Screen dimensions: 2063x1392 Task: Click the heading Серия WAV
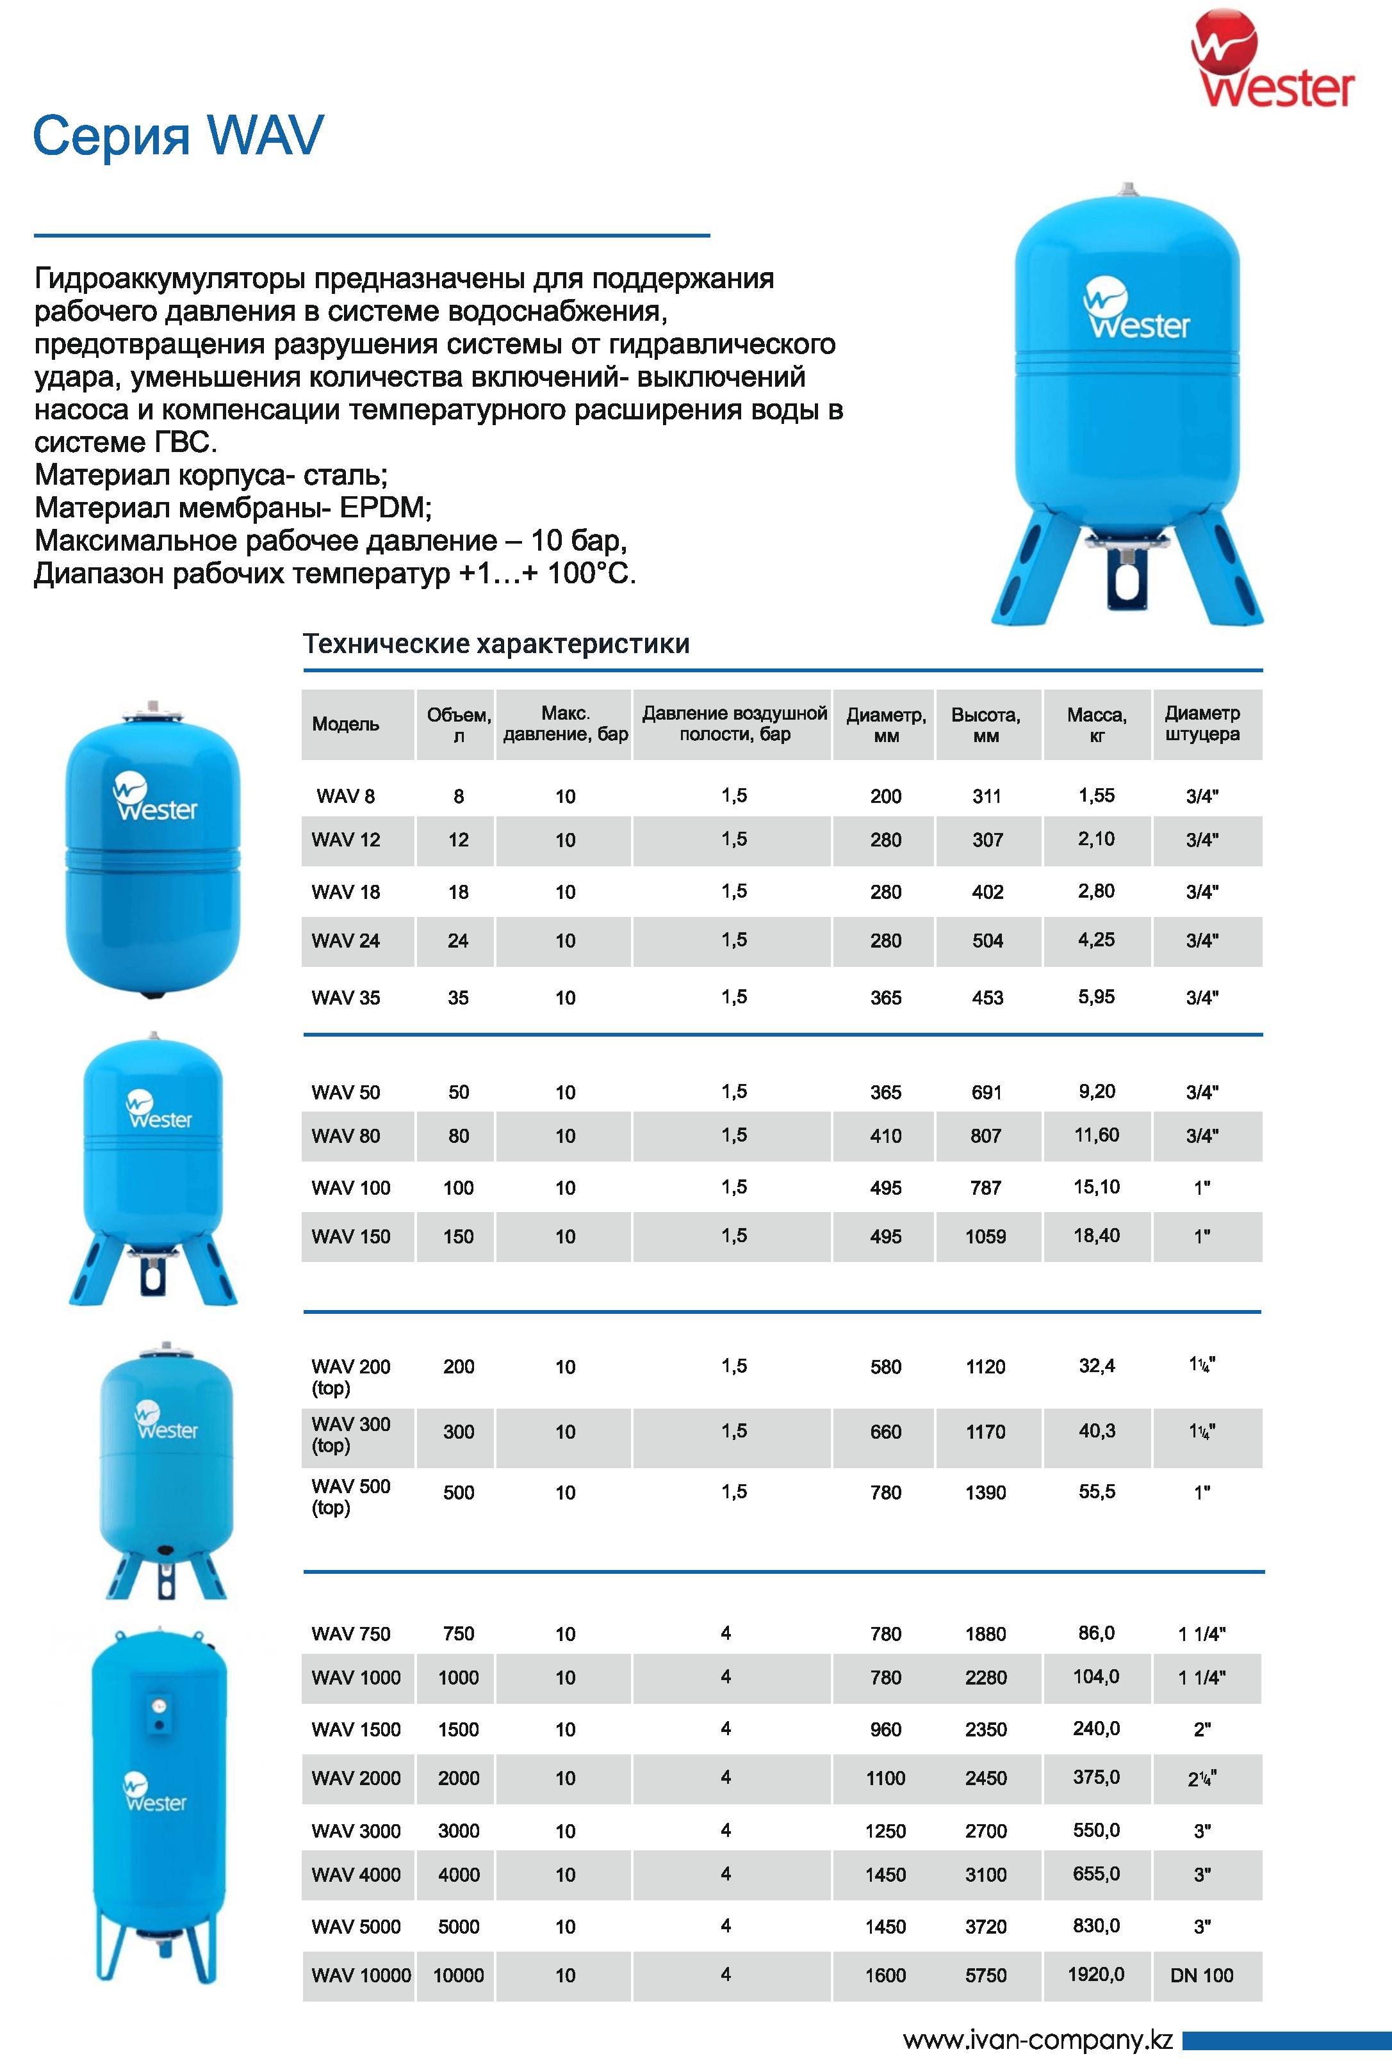pyautogui.click(x=177, y=136)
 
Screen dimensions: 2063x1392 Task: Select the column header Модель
pyautogui.click(x=345, y=724)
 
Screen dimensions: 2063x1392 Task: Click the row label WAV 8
pyautogui.click(x=345, y=796)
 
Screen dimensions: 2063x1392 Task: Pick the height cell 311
pyautogui.click(x=987, y=796)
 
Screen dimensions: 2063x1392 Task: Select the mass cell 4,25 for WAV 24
pyautogui.click(x=1097, y=940)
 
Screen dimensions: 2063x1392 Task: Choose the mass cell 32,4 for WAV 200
pyautogui.click(x=1097, y=1366)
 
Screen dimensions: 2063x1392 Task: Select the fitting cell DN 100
pyautogui.click(x=1202, y=1975)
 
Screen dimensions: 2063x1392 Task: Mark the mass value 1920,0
pyautogui.click(x=1097, y=1974)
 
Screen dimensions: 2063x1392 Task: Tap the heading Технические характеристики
pyautogui.click(x=496, y=643)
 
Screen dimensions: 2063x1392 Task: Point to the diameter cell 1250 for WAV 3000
pyautogui.click(x=886, y=1831)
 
